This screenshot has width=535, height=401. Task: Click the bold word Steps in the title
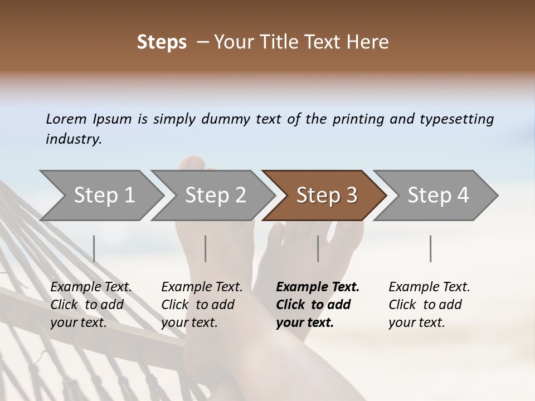[162, 42]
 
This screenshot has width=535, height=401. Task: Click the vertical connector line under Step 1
[94, 248]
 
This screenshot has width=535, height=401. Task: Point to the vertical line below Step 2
[206, 248]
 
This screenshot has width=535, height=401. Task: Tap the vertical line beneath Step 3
[318, 248]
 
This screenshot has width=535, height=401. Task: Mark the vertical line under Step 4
[430, 248]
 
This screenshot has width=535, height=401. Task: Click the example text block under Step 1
[91, 305]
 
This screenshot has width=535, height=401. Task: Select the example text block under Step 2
[202, 305]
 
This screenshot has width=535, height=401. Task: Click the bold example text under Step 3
[318, 305]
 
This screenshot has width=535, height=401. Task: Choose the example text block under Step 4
[429, 305]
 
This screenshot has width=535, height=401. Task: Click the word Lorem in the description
[66, 119]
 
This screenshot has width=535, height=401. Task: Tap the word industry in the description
[73, 139]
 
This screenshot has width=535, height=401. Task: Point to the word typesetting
[456, 119]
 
